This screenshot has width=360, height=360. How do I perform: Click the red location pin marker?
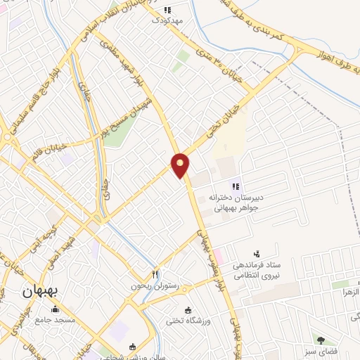[181, 165]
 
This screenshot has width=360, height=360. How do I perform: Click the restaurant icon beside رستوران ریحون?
[156, 274]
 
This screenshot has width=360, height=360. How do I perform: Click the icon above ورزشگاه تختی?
[188, 310]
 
